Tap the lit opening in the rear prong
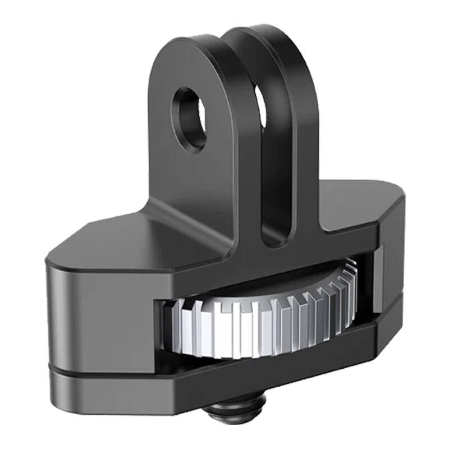click(x=262, y=107)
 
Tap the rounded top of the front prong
click(x=191, y=48)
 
